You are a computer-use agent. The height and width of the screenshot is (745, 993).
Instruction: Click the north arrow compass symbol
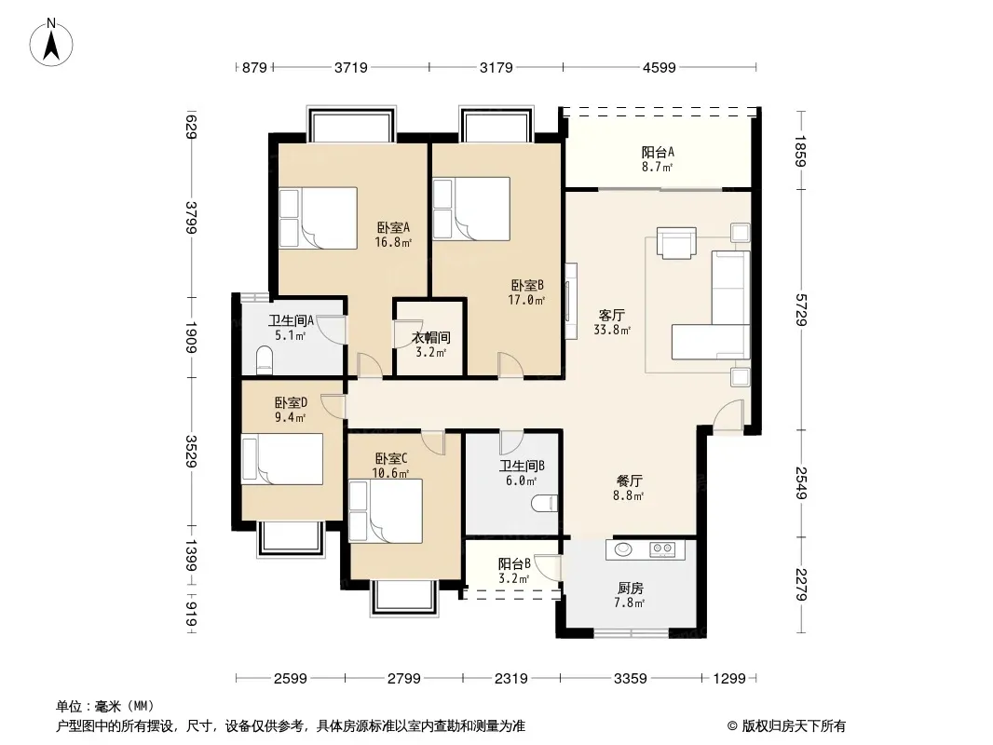click(x=51, y=43)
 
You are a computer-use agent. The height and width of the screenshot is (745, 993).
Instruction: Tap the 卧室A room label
click(x=393, y=227)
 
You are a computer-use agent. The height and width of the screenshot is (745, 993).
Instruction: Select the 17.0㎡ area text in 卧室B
click(x=526, y=300)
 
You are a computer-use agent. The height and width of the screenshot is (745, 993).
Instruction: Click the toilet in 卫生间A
click(x=264, y=359)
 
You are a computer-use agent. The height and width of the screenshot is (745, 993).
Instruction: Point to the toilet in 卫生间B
click(x=545, y=503)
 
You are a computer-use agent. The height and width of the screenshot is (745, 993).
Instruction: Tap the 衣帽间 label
click(x=430, y=337)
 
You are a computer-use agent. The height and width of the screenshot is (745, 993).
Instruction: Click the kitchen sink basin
click(x=623, y=549)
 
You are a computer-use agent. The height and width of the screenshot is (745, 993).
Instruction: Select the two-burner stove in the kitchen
click(x=663, y=549)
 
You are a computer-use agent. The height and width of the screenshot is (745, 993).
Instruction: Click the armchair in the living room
click(x=676, y=243)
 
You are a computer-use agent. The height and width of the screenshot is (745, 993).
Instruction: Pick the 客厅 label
click(x=612, y=315)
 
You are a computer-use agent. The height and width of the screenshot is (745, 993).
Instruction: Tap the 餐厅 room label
click(x=629, y=481)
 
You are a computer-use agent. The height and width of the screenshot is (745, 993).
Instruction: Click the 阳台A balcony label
click(x=658, y=152)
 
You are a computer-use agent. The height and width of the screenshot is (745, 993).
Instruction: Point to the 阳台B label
click(x=513, y=563)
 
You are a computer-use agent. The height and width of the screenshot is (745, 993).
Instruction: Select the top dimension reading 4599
click(x=660, y=67)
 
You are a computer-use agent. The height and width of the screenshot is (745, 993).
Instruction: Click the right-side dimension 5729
click(x=801, y=309)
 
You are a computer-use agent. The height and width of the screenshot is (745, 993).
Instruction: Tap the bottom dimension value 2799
click(x=404, y=679)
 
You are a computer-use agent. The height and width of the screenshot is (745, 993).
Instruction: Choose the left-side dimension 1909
click(x=191, y=337)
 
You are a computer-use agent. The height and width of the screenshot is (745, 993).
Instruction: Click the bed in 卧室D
click(x=282, y=459)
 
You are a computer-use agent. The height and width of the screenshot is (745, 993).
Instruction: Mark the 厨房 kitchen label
click(x=630, y=588)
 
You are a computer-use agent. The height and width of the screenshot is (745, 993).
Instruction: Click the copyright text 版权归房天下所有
click(x=794, y=726)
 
